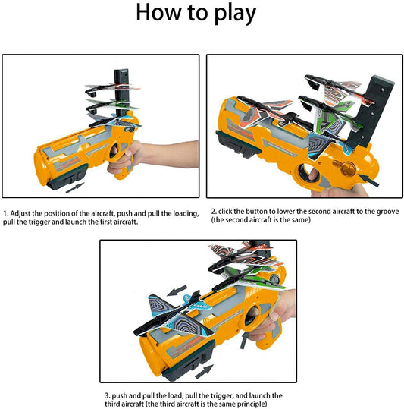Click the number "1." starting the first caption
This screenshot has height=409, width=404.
pyautogui.click(x=7, y=213)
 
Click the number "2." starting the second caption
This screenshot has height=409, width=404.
pyautogui.click(x=214, y=210)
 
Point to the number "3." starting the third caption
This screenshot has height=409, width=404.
pyautogui.click(x=107, y=395)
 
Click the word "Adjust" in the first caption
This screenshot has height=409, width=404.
pyautogui.click(x=23, y=213)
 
